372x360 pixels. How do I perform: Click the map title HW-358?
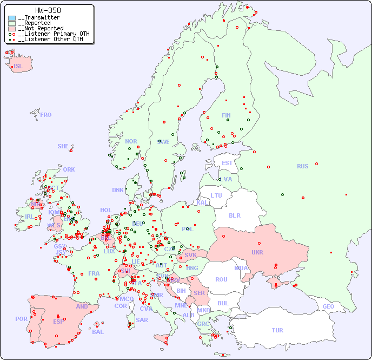(48, 10)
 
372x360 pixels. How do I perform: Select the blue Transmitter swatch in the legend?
(12, 18)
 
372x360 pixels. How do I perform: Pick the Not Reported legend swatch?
(12, 29)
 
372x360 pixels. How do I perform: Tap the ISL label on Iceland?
(18, 67)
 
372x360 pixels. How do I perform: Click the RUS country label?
(302, 166)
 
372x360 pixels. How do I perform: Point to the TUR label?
(277, 330)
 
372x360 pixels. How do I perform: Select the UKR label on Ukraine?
(257, 252)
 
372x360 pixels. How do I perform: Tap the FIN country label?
(226, 115)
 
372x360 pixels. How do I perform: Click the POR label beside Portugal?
(21, 319)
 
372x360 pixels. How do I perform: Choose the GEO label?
(328, 306)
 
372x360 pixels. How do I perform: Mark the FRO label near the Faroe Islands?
(46, 115)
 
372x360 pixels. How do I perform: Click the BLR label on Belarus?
(234, 215)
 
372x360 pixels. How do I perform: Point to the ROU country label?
(221, 279)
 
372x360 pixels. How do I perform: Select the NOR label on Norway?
(131, 141)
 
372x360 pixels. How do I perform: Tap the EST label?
(227, 163)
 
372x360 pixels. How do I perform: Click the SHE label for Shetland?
(63, 146)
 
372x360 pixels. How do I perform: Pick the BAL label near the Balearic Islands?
(98, 332)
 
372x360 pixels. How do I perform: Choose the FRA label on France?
(94, 273)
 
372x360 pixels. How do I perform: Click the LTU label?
(216, 195)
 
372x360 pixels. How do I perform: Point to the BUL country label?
(223, 303)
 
